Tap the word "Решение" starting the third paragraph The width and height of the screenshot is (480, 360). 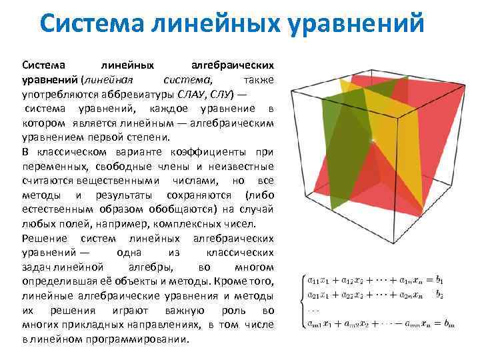pos(44,238)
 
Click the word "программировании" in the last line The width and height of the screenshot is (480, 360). pos(134,339)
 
